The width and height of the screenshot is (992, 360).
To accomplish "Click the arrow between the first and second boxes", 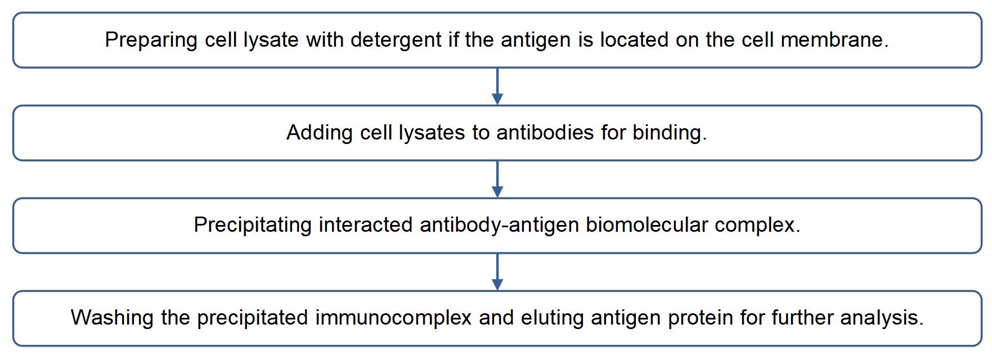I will (497, 87).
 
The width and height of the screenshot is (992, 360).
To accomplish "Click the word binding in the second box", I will (670, 133).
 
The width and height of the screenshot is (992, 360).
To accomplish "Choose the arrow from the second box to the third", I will (497, 179).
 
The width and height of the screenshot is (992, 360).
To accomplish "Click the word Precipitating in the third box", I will (253, 225).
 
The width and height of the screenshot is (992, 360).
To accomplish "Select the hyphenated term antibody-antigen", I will (499, 225).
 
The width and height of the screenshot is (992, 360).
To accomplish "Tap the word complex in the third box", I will (757, 225).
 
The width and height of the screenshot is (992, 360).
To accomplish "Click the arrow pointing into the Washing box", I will (497, 272).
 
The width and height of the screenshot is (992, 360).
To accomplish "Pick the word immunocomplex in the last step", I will (393, 318).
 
